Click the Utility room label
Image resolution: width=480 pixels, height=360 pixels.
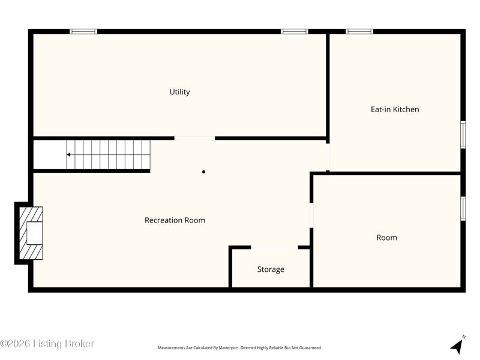[x=179, y=92]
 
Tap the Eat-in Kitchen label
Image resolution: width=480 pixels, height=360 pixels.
[x=395, y=109]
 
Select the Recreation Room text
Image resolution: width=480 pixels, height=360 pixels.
[x=175, y=220]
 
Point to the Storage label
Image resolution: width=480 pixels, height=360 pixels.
[x=271, y=269]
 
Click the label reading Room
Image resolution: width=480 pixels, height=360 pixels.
[x=386, y=238]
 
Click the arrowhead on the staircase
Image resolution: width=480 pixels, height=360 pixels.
[x=68, y=155]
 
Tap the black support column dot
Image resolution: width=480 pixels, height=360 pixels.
[x=203, y=172]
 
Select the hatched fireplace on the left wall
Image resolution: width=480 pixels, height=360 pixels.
[x=31, y=233]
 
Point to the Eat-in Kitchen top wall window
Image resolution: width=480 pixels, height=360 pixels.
[x=359, y=31]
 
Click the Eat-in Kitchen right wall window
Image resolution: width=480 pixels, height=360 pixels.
[x=463, y=134]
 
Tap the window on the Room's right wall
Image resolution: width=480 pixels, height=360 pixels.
[x=463, y=208]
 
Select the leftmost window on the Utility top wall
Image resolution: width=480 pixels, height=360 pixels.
[x=83, y=31]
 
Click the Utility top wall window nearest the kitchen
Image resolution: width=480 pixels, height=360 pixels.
[x=295, y=31]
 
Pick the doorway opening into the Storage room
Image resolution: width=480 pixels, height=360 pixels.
[x=274, y=247]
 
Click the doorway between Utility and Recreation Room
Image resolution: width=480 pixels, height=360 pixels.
[x=194, y=139]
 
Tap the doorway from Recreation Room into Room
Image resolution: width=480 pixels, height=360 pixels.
[x=311, y=215]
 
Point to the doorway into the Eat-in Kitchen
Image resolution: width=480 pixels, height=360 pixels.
[x=328, y=157]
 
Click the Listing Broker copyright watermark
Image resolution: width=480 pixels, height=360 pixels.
[x=47, y=343]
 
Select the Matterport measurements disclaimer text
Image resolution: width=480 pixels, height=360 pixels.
[x=239, y=348]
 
